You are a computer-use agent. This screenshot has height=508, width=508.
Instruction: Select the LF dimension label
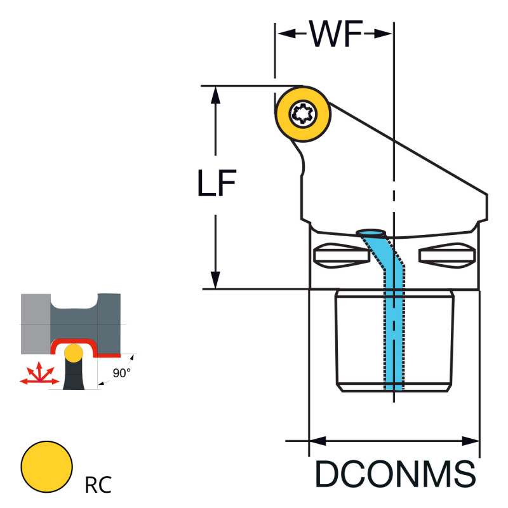click(x=216, y=184)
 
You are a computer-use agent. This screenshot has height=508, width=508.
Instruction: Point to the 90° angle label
click(x=122, y=373)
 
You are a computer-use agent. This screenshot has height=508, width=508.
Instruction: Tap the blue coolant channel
click(x=394, y=317)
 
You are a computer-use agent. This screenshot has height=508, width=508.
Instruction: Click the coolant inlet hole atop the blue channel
click(x=371, y=232)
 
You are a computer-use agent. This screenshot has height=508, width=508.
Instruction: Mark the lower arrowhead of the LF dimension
click(x=216, y=280)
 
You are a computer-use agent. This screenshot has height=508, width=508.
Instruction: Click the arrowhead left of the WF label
click(x=284, y=34)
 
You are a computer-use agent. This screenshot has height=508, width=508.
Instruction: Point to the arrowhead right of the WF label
click(x=385, y=34)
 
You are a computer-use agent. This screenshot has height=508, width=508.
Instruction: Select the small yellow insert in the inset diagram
click(x=74, y=352)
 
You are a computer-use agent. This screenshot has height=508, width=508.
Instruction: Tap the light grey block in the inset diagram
click(x=35, y=323)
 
